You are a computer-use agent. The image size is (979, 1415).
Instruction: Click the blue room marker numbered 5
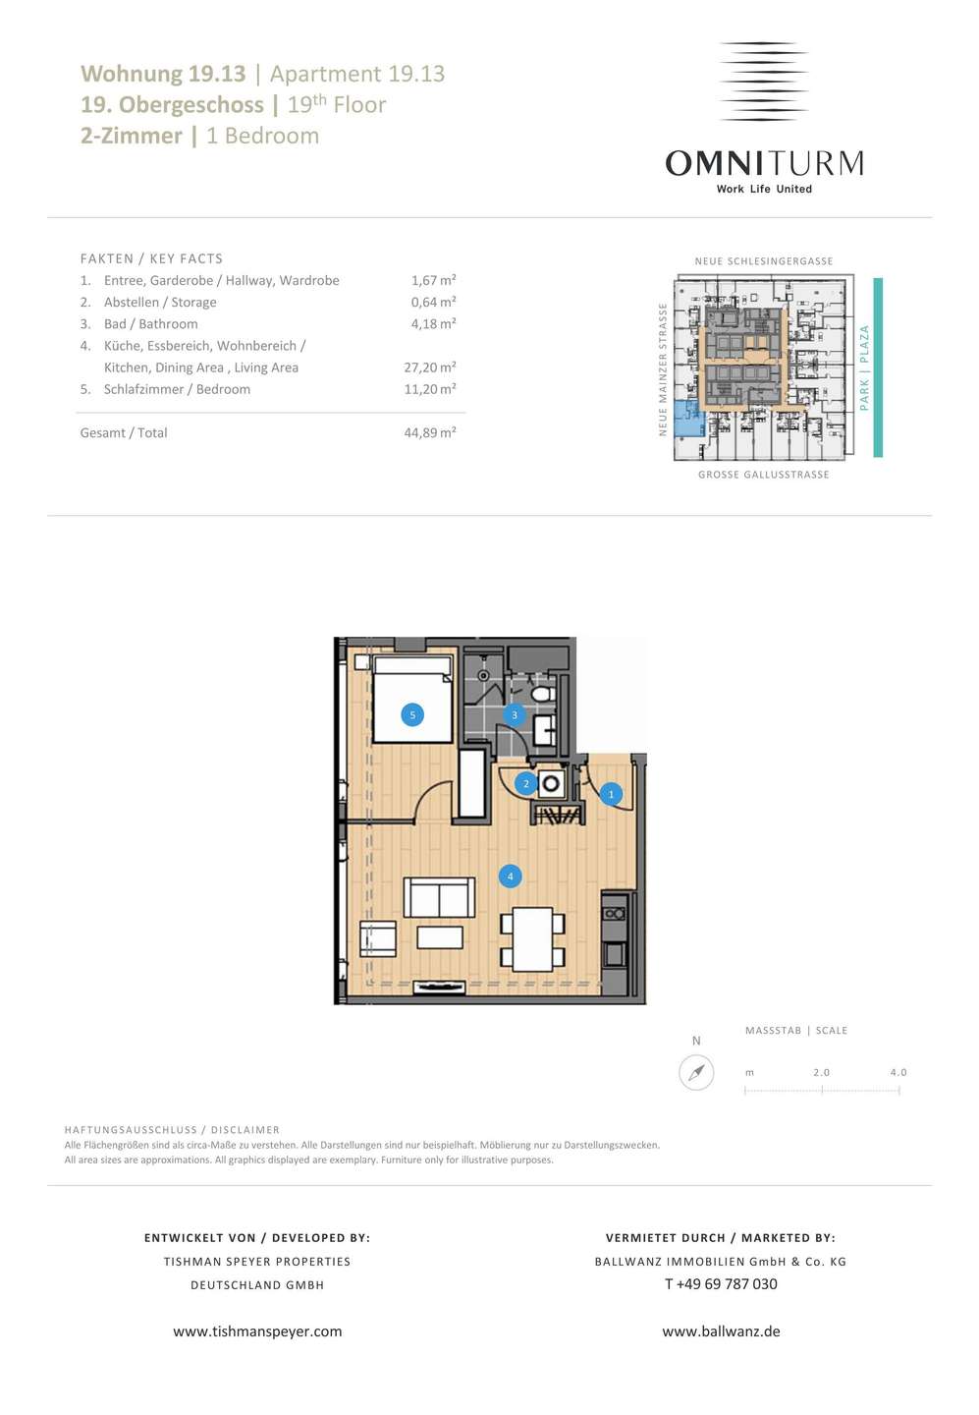coord(412,715)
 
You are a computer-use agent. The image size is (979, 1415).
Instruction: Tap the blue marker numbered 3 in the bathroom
coord(514,715)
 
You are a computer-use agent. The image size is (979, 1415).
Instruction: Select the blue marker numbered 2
coord(525,784)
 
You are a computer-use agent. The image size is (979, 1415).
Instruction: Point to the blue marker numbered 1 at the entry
coord(611,794)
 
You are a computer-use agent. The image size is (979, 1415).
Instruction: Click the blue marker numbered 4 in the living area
coord(510,877)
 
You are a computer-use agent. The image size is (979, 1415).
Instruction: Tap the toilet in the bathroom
coord(542,694)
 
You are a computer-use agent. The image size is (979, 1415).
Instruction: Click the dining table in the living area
coord(533,939)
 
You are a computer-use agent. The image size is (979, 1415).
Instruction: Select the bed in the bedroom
coord(412,699)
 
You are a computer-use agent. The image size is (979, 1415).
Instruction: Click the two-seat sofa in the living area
coord(439,897)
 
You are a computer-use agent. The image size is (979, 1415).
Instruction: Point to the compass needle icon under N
coord(696,1073)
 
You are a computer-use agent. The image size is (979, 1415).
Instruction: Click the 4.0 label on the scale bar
coord(898,1072)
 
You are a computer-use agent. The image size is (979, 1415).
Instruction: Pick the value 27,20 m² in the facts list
coord(430,368)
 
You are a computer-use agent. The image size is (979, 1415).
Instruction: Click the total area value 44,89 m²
coord(430,432)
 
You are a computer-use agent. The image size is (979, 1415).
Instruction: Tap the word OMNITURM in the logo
coord(764,163)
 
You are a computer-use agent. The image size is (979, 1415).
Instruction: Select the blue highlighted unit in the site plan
coord(688,419)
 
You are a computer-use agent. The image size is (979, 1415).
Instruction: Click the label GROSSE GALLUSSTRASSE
coord(763,475)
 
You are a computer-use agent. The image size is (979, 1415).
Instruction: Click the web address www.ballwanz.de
coord(721,1330)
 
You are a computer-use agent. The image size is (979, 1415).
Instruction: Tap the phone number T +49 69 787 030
coord(721,1283)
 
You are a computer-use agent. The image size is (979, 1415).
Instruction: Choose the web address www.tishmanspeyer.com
coord(257,1330)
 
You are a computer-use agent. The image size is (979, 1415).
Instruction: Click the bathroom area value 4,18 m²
coord(433,323)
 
